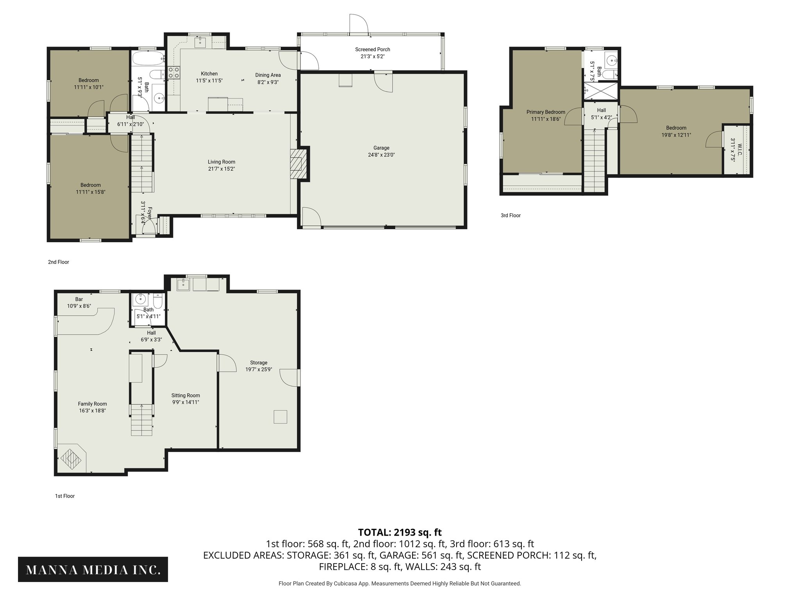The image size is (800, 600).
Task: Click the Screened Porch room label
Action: pos(372,50)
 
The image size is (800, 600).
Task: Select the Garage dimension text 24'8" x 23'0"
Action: pos(381,155)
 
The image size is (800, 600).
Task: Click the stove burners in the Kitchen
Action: pos(174,72)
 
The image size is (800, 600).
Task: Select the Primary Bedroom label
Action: pos(545,112)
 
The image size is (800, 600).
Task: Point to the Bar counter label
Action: pos(79,299)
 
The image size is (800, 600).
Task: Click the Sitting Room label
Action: pos(185,395)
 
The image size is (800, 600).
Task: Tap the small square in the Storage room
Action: pos(280,417)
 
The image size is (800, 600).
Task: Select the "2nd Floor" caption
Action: pos(59,262)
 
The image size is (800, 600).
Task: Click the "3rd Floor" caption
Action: pos(511,215)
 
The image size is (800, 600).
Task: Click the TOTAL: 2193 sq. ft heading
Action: pos(400,532)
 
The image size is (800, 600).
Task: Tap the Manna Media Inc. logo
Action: pos(93,569)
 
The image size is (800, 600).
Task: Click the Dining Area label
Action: pos(268,75)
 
